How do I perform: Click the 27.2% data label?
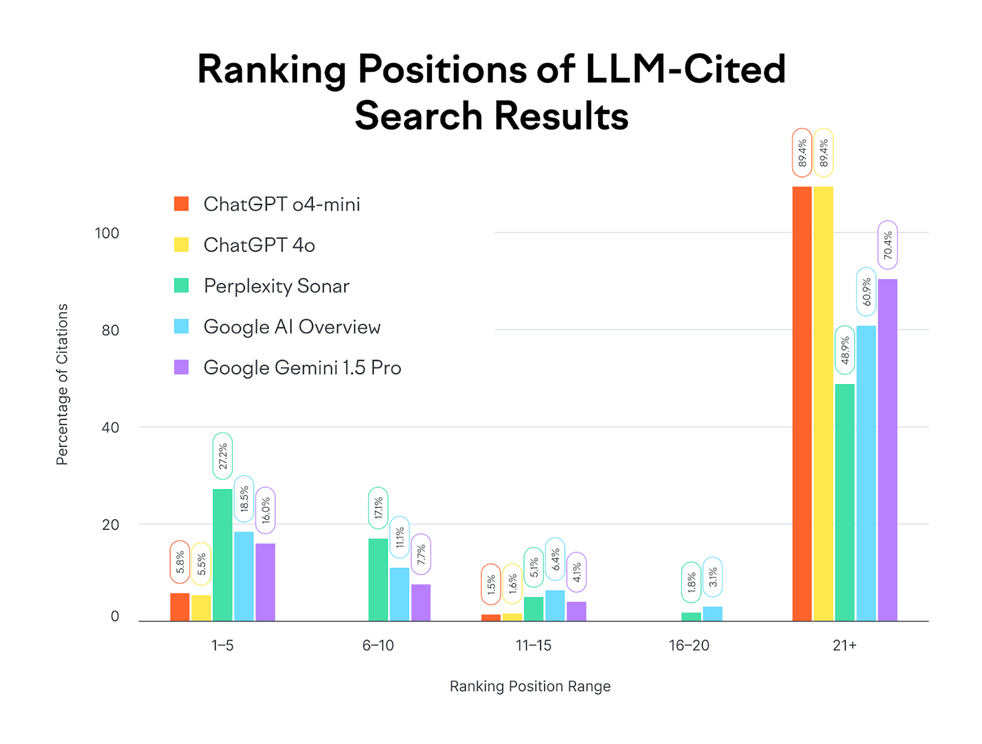click(x=222, y=456)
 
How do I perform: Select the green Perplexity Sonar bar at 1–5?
click(x=222, y=555)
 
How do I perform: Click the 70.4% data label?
click(x=887, y=245)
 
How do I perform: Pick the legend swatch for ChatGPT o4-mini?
click(x=181, y=204)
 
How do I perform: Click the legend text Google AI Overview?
click(x=292, y=327)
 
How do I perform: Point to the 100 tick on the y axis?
click(x=106, y=233)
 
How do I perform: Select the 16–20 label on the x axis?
click(x=689, y=645)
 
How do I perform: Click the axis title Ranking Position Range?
click(x=530, y=686)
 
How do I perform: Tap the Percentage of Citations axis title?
click(x=62, y=385)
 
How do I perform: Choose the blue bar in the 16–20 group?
click(x=713, y=614)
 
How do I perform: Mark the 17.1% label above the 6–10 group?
click(x=378, y=508)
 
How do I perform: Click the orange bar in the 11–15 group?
click(x=491, y=618)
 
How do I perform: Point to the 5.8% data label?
click(x=180, y=562)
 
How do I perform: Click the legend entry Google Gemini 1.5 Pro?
click(x=302, y=368)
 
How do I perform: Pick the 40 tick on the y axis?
click(x=110, y=427)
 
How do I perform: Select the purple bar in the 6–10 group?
click(x=421, y=603)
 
